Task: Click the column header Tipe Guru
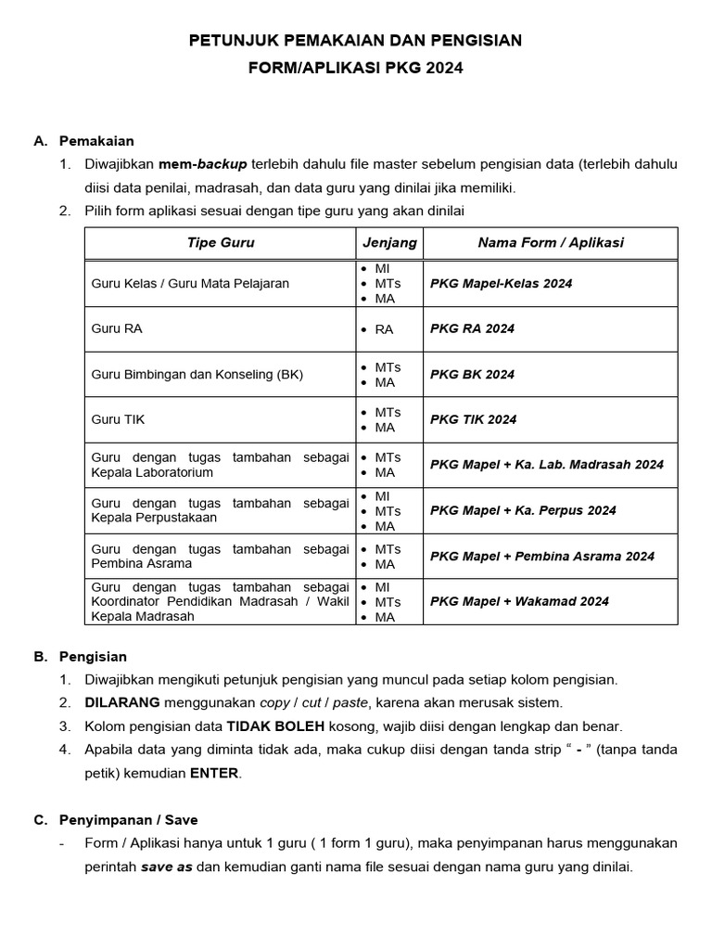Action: [221, 243]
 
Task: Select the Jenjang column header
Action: [389, 243]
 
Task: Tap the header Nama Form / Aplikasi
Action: [551, 243]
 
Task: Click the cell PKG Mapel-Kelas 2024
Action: [502, 284]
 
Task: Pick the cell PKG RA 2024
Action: [472, 328]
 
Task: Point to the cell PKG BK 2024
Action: [472, 375]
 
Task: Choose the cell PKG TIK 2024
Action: [473, 419]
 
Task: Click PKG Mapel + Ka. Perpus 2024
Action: [523, 510]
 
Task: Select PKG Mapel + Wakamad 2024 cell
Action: [519, 601]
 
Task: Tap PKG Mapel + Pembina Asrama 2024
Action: [542, 557]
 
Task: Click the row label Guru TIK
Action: [118, 419]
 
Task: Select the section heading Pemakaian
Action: [96, 141]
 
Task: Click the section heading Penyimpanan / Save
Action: [128, 820]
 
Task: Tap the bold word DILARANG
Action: [122, 702]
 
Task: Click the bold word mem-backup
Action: [202, 164]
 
